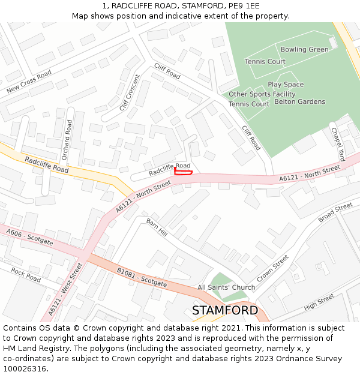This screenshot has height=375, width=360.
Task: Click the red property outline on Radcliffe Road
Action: tap(183, 172)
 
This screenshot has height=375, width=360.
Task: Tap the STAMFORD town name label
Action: tap(225, 310)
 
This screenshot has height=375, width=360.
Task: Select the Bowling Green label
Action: tap(304, 49)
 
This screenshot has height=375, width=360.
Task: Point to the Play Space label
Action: tap(286, 85)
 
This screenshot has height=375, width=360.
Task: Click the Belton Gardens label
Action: tap(299, 102)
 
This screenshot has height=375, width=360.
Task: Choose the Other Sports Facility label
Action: tap(262, 94)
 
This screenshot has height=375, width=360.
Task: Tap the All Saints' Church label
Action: tap(226, 287)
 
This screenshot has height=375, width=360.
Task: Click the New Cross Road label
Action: tap(29, 82)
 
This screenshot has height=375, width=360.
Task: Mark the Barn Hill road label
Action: tap(157, 227)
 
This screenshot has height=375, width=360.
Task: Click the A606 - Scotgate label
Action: tap(29, 237)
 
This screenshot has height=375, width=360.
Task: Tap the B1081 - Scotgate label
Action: tap(142, 277)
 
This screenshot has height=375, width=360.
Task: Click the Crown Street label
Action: tap(272, 269)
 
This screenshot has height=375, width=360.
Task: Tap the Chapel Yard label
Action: tap(338, 145)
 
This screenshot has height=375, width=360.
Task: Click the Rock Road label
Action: tap(26, 275)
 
